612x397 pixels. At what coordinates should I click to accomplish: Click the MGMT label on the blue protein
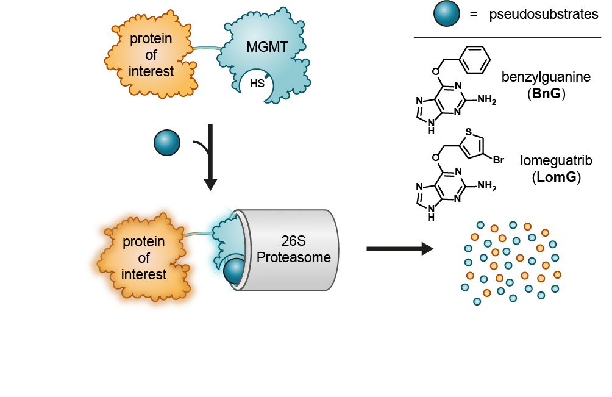point(267,48)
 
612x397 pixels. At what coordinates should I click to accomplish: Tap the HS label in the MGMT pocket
point(257,84)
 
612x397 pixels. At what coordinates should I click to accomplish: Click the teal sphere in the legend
point(447,14)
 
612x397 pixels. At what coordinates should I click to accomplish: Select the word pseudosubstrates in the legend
point(544,15)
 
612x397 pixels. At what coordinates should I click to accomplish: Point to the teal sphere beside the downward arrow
point(167,142)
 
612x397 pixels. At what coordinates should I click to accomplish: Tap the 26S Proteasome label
point(294,249)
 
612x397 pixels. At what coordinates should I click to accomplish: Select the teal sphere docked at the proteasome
point(235,270)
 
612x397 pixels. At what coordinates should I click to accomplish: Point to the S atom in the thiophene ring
point(468,132)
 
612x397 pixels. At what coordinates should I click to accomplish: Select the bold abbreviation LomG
point(556,178)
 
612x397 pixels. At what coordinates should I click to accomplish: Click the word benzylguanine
point(546,77)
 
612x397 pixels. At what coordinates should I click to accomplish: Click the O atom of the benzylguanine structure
point(435,71)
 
